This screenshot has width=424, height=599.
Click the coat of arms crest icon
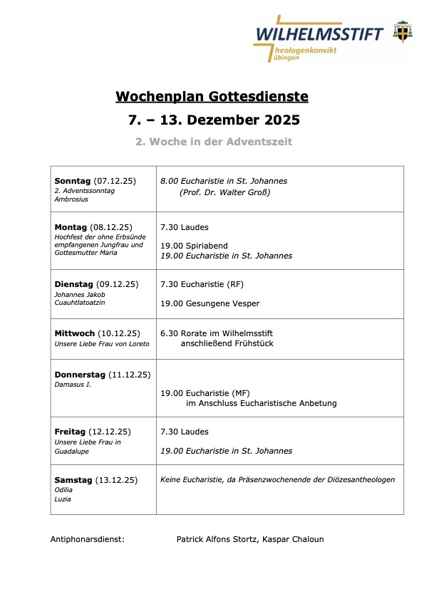(404, 31)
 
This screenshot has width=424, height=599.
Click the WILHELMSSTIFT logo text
(319, 33)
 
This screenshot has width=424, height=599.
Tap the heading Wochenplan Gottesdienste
(212, 96)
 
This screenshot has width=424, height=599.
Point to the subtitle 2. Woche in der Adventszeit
(214, 142)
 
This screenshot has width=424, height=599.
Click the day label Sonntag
(72, 181)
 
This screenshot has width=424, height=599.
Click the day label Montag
(71, 227)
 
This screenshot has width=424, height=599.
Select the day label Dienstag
(73, 284)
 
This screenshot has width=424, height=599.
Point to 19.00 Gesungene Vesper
(210, 303)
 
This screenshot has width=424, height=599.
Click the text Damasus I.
(68, 385)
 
